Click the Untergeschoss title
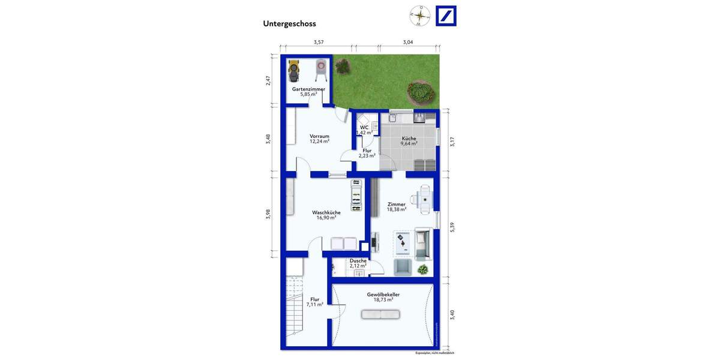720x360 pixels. [289, 24]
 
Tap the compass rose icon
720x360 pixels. [420, 16]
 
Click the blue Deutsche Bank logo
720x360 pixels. [446, 16]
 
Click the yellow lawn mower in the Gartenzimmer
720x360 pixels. [293, 71]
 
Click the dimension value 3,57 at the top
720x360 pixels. [319, 42]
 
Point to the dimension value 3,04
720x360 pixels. [408, 42]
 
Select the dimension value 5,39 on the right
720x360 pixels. [452, 228]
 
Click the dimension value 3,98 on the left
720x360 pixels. [268, 214]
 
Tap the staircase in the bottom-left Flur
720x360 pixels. [295, 312]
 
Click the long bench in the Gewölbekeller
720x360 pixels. [380, 314]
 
